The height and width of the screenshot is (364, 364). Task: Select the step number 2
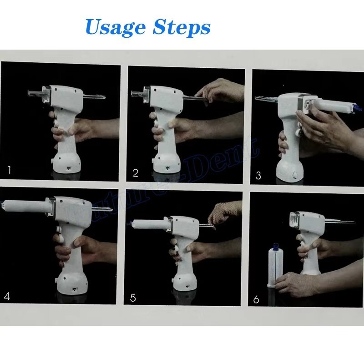135,172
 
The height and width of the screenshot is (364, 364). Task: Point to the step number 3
258,175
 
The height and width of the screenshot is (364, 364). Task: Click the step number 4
7,296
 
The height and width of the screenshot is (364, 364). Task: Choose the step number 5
133,298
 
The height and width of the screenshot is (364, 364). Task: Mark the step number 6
256,299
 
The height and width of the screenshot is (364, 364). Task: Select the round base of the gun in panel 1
67,164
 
